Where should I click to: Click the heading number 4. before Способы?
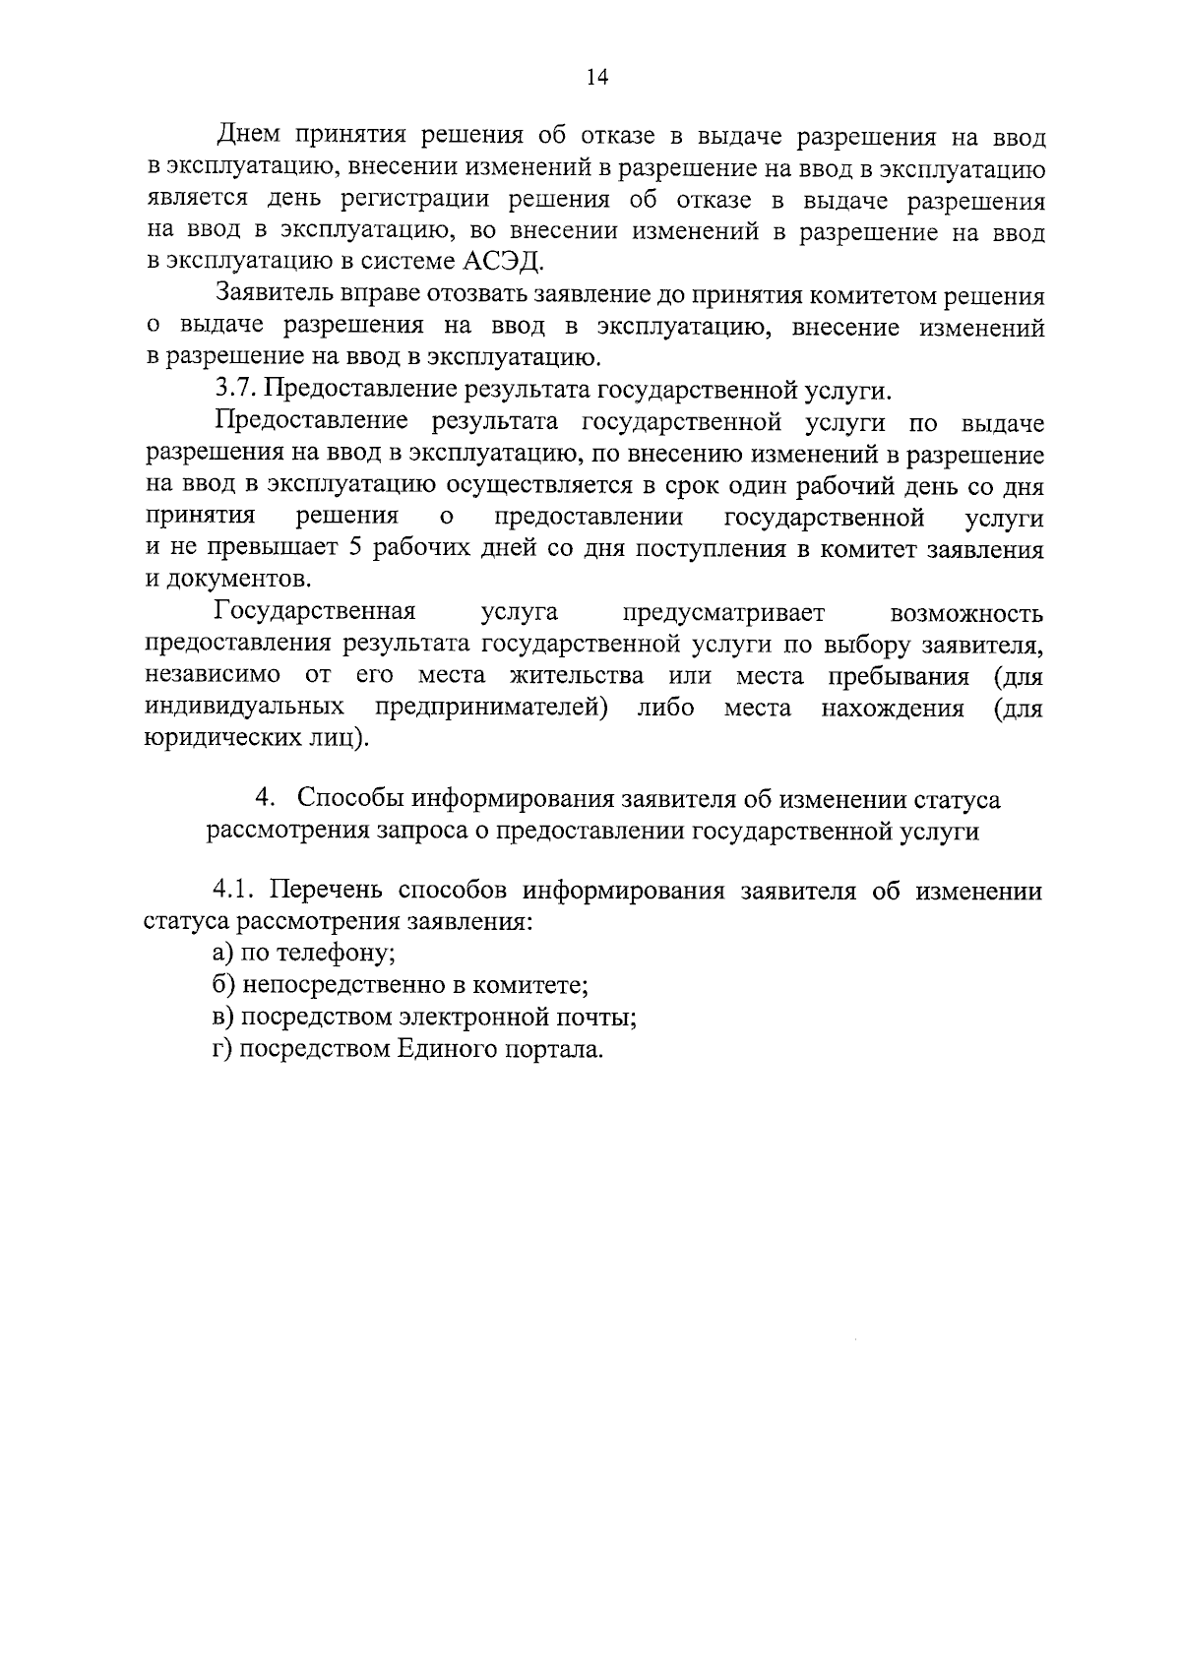263,799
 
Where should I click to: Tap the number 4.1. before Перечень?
237,892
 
